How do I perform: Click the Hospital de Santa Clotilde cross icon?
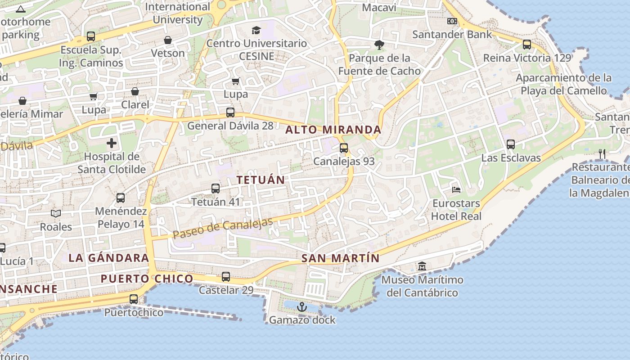pyautogui.click(x=111, y=144)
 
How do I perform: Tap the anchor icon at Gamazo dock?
pyautogui.click(x=302, y=307)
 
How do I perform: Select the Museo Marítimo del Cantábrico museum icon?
pyautogui.click(x=422, y=266)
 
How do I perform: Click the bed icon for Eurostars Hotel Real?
pyautogui.click(x=456, y=189)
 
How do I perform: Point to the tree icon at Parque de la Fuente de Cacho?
pyautogui.click(x=379, y=45)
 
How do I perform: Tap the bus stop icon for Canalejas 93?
pyautogui.click(x=344, y=148)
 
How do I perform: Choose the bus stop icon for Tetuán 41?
pyautogui.click(x=216, y=189)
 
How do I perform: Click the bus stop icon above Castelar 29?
pyautogui.click(x=226, y=276)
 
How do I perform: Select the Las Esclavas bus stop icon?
pyautogui.click(x=510, y=144)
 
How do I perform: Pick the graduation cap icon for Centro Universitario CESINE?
pyautogui.click(x=256, y=30)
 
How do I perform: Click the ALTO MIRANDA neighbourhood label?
pyautogui.click(x=333, y=130)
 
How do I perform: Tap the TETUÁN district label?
pyautogui.click(x=261, y=180)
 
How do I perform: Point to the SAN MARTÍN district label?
pyautogui.click(x=340, y=258)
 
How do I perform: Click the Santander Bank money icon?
pyautogui.click(x=452, y=21)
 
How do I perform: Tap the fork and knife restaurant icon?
pyautogui.click(x=602, y=154)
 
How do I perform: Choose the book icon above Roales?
pyautogui.click(x=55, y=213)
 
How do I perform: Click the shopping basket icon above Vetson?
pyautogui.click(x=168, y=40)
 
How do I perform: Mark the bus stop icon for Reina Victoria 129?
pyautogui.click(x=526, y=45)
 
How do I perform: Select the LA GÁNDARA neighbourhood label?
pyautogui.click(x=108, y=258)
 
